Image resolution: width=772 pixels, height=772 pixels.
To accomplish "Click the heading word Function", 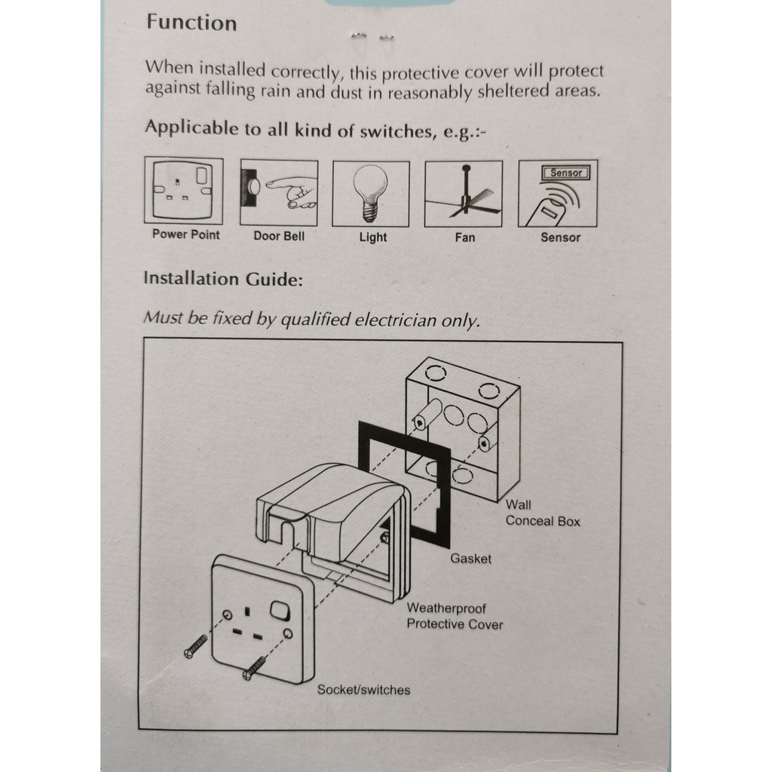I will (x=191, y=23).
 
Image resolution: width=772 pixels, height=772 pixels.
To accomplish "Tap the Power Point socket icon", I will (x=184, y=191).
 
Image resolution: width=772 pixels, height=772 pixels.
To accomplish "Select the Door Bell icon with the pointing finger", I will (x=278, y=192).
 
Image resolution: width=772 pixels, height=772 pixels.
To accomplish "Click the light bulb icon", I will (x=371, y=193).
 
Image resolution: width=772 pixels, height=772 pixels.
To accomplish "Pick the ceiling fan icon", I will (x=464, y=194).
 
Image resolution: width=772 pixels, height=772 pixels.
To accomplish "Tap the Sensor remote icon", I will (x=558, y=194).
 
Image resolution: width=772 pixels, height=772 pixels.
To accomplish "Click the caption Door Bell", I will (x=279, y=236).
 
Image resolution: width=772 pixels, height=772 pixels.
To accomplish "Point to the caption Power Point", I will (x=185, y=234).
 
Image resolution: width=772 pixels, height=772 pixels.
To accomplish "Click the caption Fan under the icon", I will (x=465, y=237).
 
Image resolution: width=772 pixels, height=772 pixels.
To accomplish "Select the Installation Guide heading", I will (x=223, y=279).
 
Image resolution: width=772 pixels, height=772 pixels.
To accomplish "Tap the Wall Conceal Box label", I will (x=543, y=513).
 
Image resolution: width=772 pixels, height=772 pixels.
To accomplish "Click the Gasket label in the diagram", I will (x=470, y=559).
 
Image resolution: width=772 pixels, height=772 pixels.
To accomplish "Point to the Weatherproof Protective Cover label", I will (x=455, y=616).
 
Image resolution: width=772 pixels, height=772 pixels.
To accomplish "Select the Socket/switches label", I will (x=363, y=689).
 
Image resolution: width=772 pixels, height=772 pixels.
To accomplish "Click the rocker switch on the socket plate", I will (x=280, y=611).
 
